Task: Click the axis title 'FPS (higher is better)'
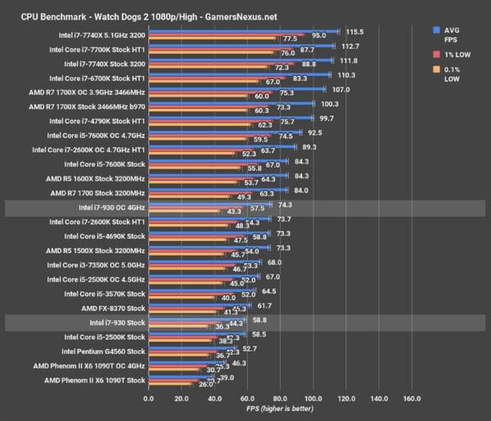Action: tap(279, 410)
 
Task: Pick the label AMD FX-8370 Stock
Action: tap(113, 308)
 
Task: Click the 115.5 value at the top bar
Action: tap(354, 31)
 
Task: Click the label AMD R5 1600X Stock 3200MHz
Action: tap(97, 177)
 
